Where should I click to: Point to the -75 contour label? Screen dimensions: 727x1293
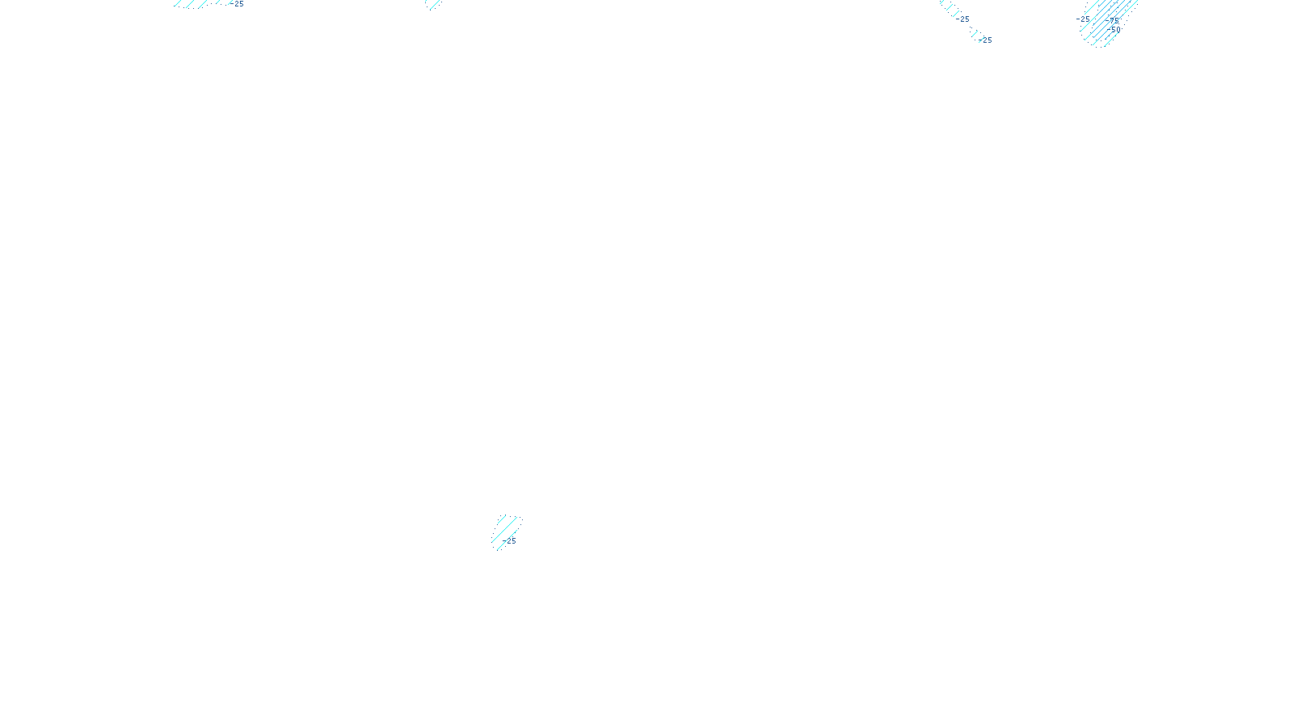(x=1114, y=20)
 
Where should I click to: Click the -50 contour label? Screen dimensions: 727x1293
(x=1115, y=30)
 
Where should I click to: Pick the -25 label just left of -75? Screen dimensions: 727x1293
(x=1084, y=19)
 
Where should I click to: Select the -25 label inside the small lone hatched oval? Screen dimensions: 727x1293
(x=510, y=541)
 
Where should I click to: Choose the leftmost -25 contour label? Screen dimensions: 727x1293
(x=238, y=4)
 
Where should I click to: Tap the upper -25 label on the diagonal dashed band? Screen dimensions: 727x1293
(x=963, y=19)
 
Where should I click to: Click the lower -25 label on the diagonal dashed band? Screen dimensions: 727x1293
(x=986, y=40)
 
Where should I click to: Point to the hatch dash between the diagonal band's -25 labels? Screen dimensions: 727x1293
(x=975, y=32)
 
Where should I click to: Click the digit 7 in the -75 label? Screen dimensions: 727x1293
(x=1112, y=20)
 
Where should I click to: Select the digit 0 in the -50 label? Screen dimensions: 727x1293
(x=1118, y=30)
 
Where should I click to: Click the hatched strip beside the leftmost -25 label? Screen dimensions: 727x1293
(x=194, y=3)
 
